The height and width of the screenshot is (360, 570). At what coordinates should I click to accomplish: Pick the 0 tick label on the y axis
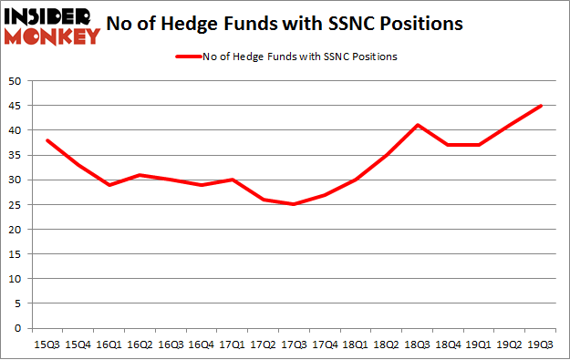[x=18, y=328]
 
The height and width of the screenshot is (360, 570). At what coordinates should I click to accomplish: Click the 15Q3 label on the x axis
[x=47, y=345]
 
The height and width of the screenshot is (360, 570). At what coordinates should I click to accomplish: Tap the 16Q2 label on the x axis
[x=140, y=345]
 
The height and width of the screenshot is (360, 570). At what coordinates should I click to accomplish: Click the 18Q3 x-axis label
[x=418, y=345]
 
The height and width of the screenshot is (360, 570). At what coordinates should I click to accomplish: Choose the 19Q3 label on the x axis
[x=542, y=345]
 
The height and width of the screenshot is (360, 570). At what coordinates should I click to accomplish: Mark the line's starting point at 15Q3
[x=47, y=140]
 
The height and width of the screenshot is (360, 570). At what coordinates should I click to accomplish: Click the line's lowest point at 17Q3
[x=294, y=204]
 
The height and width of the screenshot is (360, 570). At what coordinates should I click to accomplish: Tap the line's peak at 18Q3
[x=418, y=125]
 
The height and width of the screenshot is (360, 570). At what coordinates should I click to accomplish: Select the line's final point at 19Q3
[x=542, y=106]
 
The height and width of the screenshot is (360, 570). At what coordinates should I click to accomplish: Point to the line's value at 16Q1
[x=109, y=185]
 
